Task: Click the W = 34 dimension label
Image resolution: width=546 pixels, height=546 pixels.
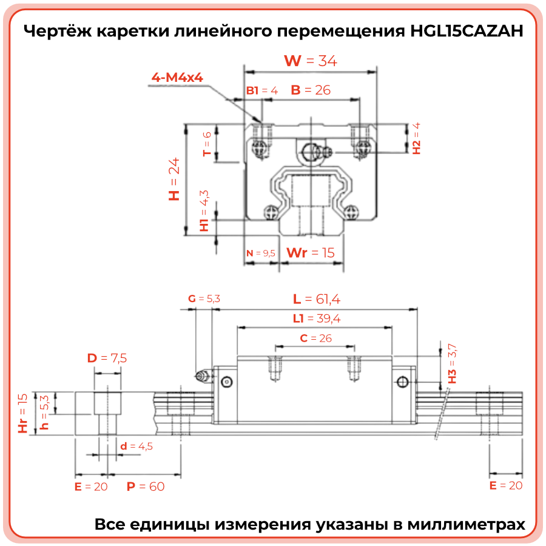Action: click(311, 61)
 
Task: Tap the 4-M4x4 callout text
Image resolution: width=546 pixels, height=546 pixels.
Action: click(177, 78)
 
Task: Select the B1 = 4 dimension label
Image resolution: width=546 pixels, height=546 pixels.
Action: click(261, 90)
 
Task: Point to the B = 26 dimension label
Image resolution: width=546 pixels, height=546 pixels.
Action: click(311, 90)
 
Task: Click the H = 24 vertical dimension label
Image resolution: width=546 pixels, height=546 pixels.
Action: click(175, 180)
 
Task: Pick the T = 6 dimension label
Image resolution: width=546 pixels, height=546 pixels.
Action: click(207, 144)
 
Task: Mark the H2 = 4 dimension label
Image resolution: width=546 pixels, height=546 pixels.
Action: click(416, 138)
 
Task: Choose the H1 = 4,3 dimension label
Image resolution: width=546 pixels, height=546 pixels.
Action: click(204, 211)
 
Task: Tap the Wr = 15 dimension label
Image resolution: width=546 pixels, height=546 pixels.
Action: click(310, 252)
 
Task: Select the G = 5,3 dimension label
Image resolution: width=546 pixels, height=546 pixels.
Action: click(204, 298)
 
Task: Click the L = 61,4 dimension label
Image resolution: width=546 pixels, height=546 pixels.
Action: click(317, 298)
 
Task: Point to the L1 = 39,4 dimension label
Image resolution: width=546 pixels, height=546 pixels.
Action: click(315, 318)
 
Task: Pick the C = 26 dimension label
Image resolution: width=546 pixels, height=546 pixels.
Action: click(316, 338)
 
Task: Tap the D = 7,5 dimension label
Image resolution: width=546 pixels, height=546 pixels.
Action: click(107, 358)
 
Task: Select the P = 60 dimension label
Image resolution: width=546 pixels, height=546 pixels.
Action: click(145, 486)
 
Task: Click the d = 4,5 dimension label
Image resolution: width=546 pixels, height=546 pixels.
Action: click(136, 447)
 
